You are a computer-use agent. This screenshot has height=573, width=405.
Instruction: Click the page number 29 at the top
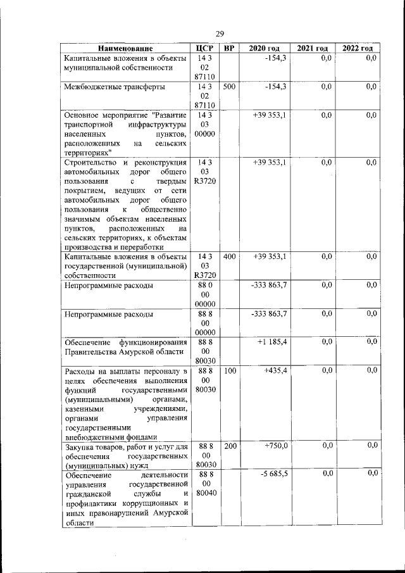click(x=220, y=34)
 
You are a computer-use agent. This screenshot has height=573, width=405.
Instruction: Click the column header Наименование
click(x=125, y=49)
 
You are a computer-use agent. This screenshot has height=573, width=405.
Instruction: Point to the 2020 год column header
click(x=264, y=49)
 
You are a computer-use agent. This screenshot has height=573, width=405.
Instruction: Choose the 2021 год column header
click(x=312, y=49)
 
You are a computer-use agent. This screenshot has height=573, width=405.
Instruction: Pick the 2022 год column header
click(x=358, y=49)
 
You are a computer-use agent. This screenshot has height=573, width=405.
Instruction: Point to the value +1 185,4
click(x=272, y=342)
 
